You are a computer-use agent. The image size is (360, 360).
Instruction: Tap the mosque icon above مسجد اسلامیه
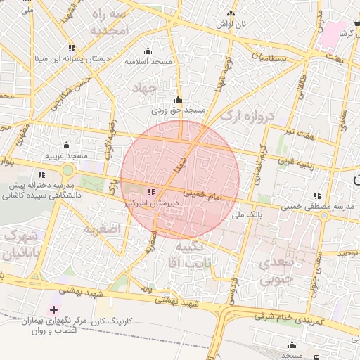(148, 51)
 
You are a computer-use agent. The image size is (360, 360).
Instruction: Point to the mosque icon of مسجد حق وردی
(177, 99)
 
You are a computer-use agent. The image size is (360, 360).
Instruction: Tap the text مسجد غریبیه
(67, 155)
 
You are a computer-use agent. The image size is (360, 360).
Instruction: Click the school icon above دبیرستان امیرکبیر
(152, 191)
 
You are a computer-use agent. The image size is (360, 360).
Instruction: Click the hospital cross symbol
(54, 309)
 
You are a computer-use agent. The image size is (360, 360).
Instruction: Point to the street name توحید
(347, 252)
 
